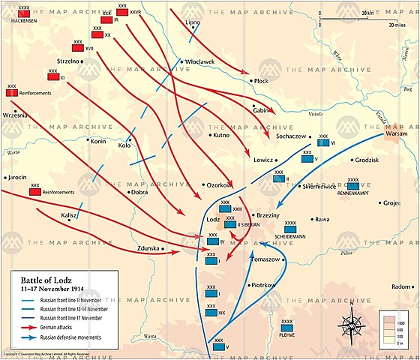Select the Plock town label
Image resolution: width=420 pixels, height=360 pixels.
point(262,80)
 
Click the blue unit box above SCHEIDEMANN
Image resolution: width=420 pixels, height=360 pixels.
point(290,229)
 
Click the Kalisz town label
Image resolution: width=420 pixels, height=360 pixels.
point(70,214)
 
